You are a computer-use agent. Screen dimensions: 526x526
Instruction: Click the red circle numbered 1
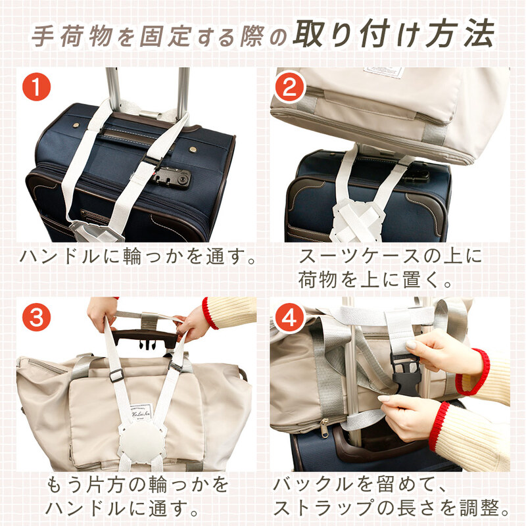click(x=36, y=87)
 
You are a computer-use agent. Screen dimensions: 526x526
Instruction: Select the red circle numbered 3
click(x=36, y=317)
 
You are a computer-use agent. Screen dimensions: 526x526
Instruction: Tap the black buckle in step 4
click(x=405, y=373)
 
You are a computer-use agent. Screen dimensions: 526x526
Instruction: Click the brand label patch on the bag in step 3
click(x=141, y=413)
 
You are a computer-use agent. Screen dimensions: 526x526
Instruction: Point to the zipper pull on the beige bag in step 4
click(x=324, y=429)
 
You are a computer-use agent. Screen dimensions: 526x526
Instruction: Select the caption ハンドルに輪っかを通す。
click(x=137, y=256)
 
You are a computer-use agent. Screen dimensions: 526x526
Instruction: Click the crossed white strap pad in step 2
click(x=356, y=219)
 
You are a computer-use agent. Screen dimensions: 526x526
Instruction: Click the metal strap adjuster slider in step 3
click(x=116, y=375)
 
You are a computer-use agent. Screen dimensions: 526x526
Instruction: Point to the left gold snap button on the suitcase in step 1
click(x=76, y=125)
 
